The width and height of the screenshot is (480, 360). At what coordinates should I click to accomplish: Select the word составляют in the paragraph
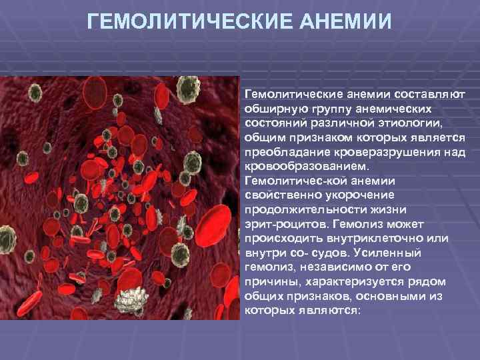429,95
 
